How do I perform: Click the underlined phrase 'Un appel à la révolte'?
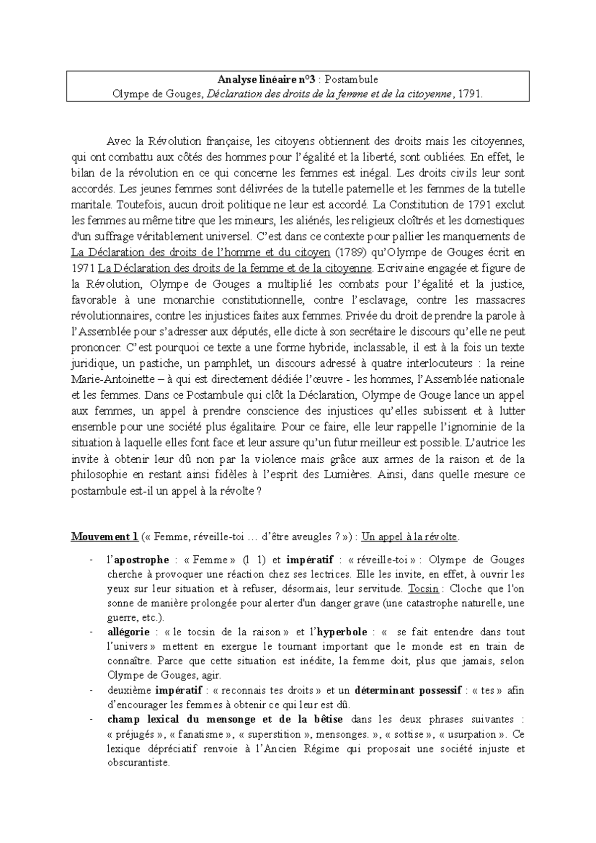coord(410,537)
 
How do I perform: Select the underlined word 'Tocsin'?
coord(423,589)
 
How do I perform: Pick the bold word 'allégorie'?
coord(128,632)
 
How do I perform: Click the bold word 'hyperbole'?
coord(342,632)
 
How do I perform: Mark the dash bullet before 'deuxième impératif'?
coord(91,690)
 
